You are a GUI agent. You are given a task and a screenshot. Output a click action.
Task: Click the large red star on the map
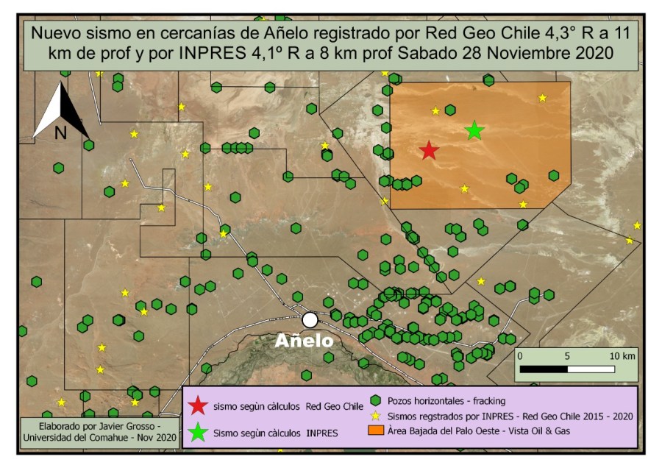coord(429,151)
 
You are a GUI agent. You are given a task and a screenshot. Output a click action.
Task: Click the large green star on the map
coord(474,131)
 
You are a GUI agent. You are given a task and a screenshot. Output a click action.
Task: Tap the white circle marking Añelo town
coord(310,319)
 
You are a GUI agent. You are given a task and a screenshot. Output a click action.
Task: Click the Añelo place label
coord(304,341)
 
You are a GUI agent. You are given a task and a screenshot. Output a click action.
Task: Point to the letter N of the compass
coord(60,132)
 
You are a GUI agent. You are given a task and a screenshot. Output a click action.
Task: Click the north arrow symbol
coord(61,110)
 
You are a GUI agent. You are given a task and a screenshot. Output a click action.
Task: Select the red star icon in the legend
coord(197,406)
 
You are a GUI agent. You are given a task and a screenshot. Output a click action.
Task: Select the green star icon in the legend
coord(197,432)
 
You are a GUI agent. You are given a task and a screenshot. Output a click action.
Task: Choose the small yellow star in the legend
coord(375,416)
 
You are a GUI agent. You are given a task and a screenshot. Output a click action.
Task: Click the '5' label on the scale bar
coord(567,355)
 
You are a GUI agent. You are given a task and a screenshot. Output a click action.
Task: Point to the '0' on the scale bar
coord(520,355)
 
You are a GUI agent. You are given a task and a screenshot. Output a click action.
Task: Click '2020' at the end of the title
coord(586,54)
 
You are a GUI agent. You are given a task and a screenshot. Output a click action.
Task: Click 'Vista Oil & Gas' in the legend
coord(541,431)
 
